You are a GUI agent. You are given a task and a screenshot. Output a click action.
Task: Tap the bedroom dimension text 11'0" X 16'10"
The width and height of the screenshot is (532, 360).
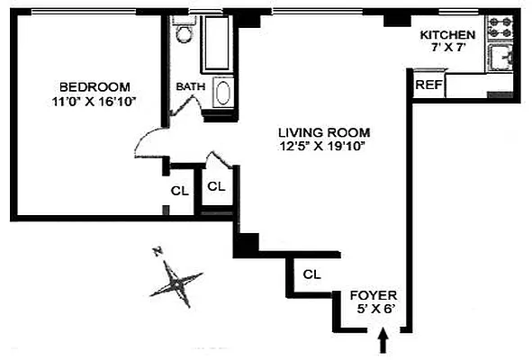tap(94, 101)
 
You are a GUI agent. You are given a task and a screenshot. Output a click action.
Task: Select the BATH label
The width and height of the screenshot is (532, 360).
tap(190, 86)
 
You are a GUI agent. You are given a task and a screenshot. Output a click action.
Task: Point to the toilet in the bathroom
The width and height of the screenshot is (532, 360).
tap(184, 33)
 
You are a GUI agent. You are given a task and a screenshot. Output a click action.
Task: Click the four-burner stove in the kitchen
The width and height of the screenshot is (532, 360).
tap(500, 29)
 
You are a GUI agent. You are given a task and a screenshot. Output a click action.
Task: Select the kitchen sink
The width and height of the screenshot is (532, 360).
tap(501, 61)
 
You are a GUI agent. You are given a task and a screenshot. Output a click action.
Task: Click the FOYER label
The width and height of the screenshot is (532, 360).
tap(373, 295)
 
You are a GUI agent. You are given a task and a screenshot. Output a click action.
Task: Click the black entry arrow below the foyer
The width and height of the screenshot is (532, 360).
tap(385, 341)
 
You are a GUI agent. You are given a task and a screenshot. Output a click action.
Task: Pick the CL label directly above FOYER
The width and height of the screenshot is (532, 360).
tap(312, 274)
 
